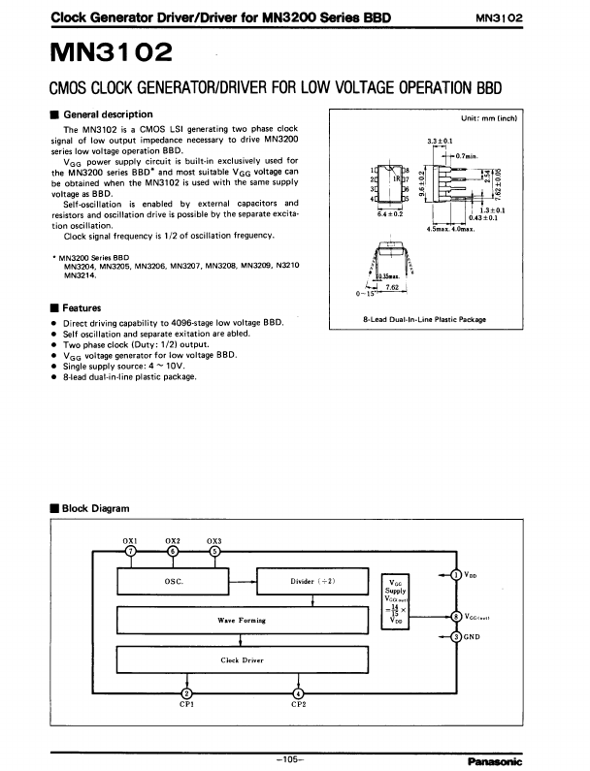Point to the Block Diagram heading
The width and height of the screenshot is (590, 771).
click(94, 508)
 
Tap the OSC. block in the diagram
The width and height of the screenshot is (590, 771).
click(175, 581)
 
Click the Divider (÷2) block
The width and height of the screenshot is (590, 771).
click(312, 581)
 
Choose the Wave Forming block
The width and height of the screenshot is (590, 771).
click(243, 620)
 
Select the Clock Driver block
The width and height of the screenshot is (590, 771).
click(243, 659)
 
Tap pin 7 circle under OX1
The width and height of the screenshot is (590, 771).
click(131, 551)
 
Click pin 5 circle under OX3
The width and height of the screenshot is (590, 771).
click(214, 551)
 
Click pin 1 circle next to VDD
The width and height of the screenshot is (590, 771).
click(457, 575)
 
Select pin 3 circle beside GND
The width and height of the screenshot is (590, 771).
click(457, 636)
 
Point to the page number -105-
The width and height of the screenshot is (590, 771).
click(290, 758)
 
